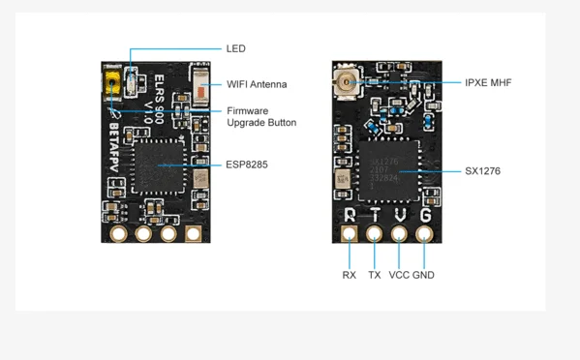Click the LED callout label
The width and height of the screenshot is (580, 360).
click(x=235, y=48)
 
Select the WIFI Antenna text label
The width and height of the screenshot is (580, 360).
click(x=256, y=84)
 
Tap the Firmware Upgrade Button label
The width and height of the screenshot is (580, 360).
click(x=260, y=116)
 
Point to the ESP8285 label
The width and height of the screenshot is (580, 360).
click(x=247, y=165)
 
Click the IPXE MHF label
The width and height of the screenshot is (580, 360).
click(x=486, y=83)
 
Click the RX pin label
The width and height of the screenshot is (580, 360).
click(x=350, y=275)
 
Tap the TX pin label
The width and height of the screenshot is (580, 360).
click(x=375, y=275)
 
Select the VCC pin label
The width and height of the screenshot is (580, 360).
click(x=399, y=275)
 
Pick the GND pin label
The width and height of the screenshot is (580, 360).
click(x=424, y=275)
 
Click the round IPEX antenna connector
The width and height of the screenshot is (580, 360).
click(x=343, y=82)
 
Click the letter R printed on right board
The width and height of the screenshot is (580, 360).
click(x=351, y=214)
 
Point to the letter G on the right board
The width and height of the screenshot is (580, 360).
click(x=424, y=214)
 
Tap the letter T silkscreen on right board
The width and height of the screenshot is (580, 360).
click(x=375, y=214)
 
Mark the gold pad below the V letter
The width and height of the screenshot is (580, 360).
click(x=399, y=233)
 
